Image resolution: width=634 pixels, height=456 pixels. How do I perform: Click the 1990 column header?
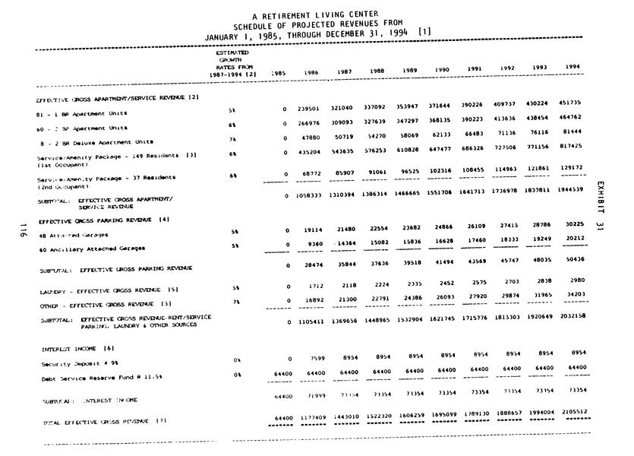coord(442,70)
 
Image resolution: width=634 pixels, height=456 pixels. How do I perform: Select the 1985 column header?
coord(278,74)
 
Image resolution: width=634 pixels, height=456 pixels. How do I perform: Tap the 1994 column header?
coord(572,66)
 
